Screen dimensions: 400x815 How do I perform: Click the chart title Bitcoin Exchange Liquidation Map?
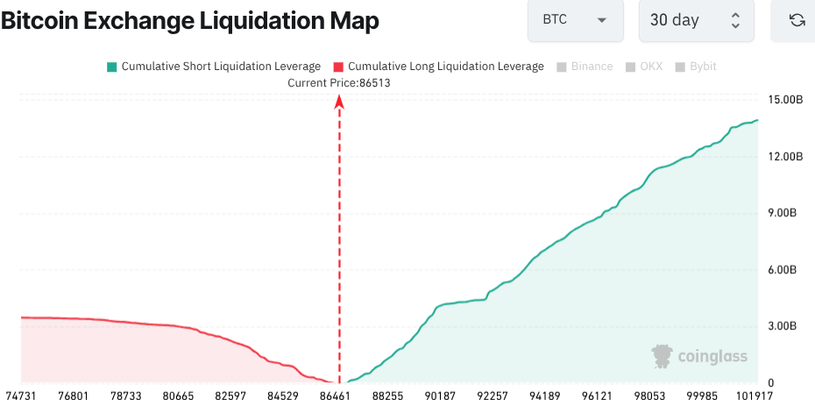(x=190, y=21)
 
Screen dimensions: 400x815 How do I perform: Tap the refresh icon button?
(x=797, y=20)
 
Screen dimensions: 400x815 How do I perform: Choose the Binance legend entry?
(x=585, y=67)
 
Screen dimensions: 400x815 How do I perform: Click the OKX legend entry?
(x=647, y=67)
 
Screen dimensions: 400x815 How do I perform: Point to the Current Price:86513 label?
(x=339, y=83)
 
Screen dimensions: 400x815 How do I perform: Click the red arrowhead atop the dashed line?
(x=339, y=102)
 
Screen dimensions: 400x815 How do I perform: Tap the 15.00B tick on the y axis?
(x=784, y=100)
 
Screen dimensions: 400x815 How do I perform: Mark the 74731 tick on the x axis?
(x=22, y=396)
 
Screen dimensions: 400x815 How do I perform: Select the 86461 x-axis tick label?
(x=336, y=396)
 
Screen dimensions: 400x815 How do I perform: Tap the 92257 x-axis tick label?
(x=493, y=396)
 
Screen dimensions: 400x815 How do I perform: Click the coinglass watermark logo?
(x=699, y=355)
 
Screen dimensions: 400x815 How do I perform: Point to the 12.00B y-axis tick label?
(x=784, y=157)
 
